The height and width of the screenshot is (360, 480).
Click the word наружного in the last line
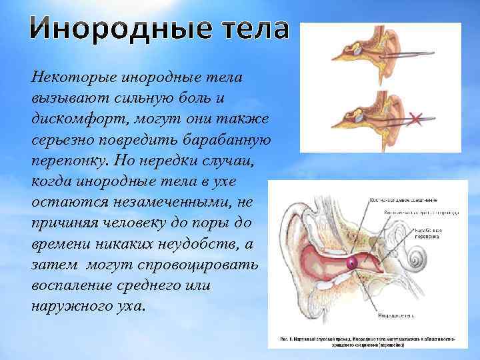pos(67,306)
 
